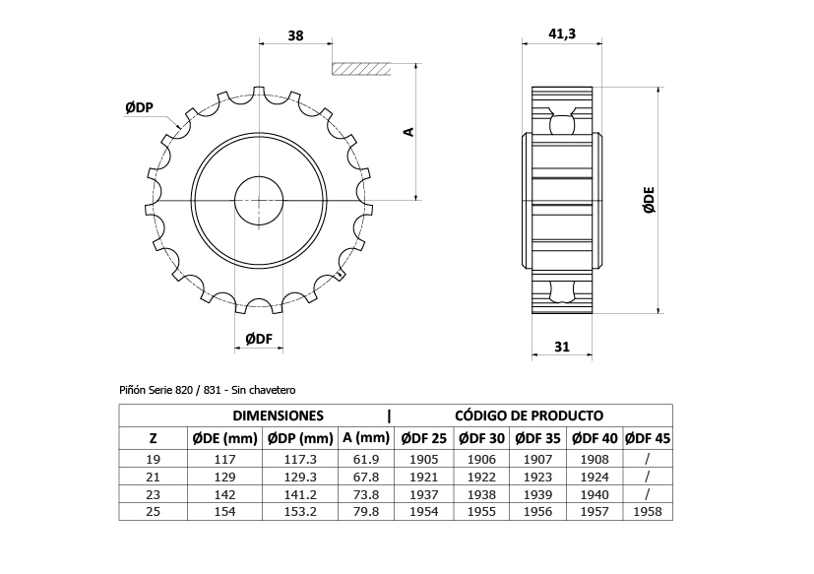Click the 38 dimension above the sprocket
pos(295,35)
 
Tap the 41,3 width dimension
pos(561,34)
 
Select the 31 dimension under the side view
pos(562,346)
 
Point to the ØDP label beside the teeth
pos(139,107)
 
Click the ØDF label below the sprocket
pos(257,339)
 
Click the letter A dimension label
pos(409,131)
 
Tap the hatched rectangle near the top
pos(362,68)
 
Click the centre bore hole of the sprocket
pos(258,200)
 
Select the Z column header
pos(153,437)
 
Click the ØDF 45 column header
pos(647,437)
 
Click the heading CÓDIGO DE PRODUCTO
pos(530,416)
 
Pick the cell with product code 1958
pos(647,511)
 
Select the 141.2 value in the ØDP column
pos(300,493)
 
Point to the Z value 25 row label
pos(153,511)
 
